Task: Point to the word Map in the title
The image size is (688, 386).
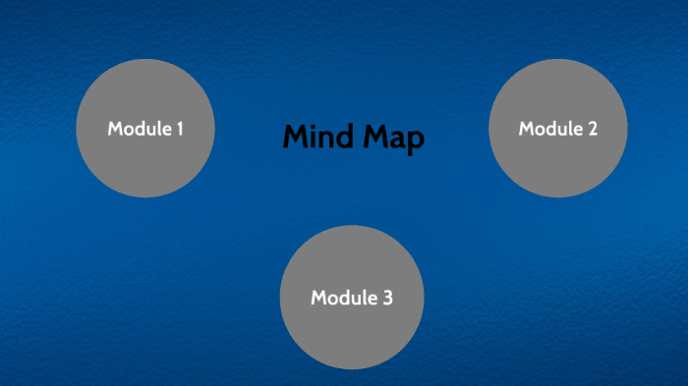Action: click(x=392, y=138)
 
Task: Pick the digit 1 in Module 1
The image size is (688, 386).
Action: click(x=180, y=129)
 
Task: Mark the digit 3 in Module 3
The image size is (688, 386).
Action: click(x=388, y=298)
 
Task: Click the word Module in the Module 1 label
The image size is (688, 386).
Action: click(x=138, y=129)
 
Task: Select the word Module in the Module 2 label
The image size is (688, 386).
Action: click(x=549, y=129)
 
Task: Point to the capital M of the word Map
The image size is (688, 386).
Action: click(x=373, y=138)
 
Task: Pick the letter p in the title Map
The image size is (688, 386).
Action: click(x=416, y=141)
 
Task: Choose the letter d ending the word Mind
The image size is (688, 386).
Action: click(x=343, y=138)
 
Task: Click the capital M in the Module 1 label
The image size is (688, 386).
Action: click(x=115, y=129)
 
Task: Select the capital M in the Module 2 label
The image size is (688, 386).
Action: click(x=527, y=129)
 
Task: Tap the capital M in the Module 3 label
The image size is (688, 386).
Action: click(x=319, y=298)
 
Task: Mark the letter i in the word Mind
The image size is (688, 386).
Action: click(x=312, y=138)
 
